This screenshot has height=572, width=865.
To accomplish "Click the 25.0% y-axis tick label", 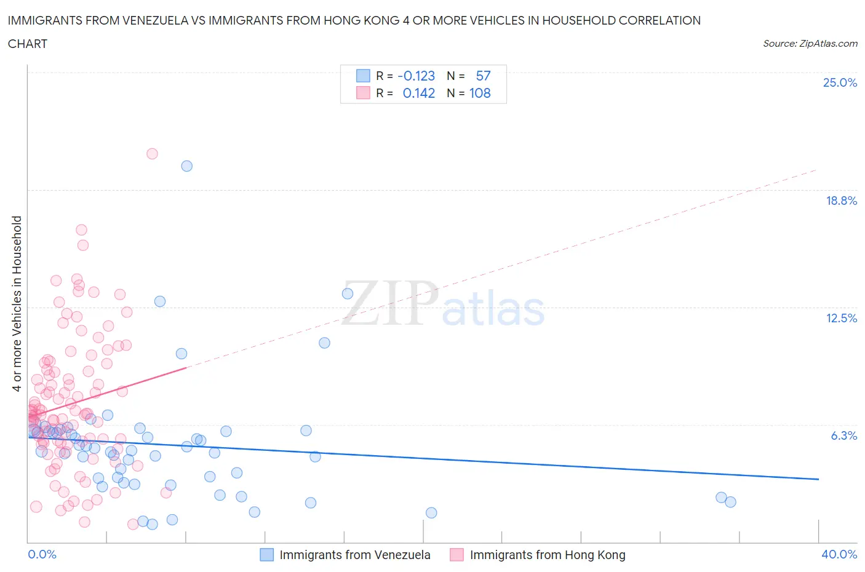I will [839, 82].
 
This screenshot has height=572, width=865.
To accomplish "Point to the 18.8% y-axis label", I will [841, 201].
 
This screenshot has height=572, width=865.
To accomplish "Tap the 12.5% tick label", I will [841, 318].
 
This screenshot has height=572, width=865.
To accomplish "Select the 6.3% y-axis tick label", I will [843, 435].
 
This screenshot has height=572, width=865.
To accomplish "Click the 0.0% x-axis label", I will [42, 554].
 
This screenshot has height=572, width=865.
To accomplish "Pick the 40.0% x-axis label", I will [839, 554].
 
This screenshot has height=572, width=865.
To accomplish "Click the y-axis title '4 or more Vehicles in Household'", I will [17, 303].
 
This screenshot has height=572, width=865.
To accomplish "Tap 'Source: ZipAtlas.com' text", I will [810, 44].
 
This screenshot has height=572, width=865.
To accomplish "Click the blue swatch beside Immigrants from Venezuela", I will [266, 555].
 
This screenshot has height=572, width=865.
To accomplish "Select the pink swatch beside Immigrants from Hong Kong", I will [456, 555].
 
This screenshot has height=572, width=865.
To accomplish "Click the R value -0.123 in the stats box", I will [416, 76].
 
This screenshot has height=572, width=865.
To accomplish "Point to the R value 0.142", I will [418, 93].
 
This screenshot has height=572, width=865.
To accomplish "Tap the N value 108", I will [480, 93].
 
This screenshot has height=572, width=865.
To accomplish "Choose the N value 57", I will [483, 76].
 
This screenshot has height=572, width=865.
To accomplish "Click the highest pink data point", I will [152, 154].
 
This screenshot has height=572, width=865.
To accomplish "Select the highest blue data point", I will [186, 166].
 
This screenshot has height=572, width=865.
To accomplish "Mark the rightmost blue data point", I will [730, 502].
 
